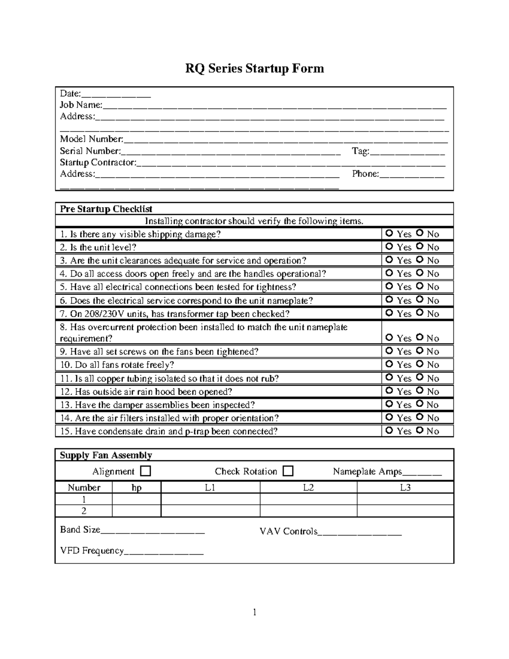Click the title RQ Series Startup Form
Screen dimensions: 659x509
tap(255, 68)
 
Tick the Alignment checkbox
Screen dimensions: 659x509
tap(145, 471)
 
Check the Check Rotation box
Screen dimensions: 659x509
tap(288, 471)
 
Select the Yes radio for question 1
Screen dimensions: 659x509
tap(389, 233)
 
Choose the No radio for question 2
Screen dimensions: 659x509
tap(420, 246)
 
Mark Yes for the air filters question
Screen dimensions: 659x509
tap(389, 417)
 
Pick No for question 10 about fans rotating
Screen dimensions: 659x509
tap(420, 364)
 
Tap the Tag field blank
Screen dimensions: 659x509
tap(407, 152)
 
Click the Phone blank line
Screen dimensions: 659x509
tap(411, 175)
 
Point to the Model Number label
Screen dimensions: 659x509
tap(91, 139)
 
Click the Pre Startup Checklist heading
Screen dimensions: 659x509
tap(106, 209)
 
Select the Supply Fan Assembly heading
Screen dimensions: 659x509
tap(106, 455)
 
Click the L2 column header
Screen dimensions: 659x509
tap(308, 488)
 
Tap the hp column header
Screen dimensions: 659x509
tap(137, 488)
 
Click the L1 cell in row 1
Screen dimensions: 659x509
tap(210, 499)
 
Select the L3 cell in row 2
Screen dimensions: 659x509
tap(405, 511)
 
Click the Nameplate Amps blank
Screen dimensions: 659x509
tap(422, 473)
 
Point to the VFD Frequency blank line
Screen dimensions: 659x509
tap(164, 552)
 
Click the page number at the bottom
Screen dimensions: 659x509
tap(255, 612)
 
